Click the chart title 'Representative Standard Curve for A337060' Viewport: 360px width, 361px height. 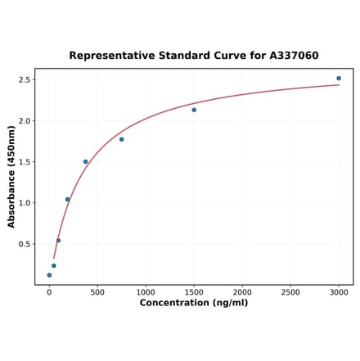point(194,56)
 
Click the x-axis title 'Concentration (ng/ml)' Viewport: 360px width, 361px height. point(194,303)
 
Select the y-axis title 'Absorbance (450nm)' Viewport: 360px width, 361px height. point(11,176)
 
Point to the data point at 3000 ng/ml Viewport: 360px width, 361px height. point(339,79)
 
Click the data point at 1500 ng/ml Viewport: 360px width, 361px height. point(194,110)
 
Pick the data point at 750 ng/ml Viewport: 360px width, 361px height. point(121,139)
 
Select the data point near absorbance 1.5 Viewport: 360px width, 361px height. point(85,161)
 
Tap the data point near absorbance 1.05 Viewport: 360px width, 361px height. point(67,199)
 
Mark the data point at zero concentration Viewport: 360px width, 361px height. point(49,275)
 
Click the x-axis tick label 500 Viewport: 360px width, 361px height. point(97,291)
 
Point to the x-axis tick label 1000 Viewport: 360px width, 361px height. point(146,291)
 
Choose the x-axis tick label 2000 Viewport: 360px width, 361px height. point(242,291)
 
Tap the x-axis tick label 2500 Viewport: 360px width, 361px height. point(290,291)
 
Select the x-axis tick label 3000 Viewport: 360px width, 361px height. point(339,291)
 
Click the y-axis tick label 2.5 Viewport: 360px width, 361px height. point(25,80)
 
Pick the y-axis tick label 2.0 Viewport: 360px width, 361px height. point(25,121)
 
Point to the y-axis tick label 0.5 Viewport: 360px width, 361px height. point(25,244)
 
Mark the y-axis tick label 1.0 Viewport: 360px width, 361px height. point(25,203)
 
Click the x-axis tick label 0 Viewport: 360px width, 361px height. point(49,291)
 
